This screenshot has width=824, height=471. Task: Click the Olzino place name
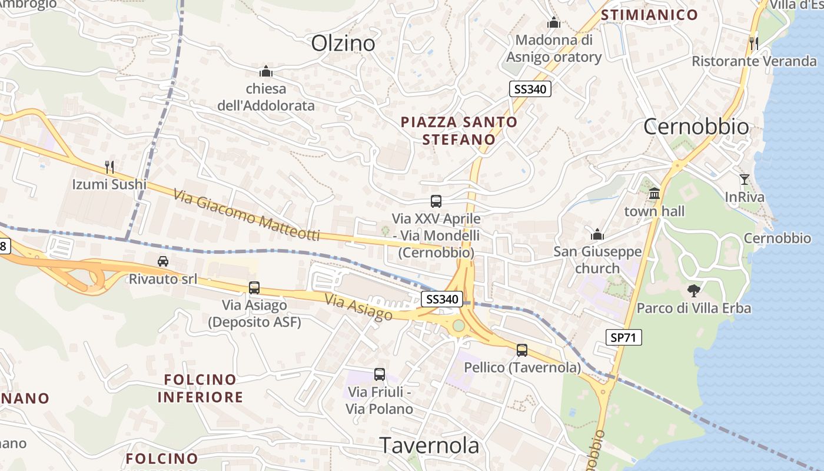343,43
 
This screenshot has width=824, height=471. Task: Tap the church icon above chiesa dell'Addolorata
266,71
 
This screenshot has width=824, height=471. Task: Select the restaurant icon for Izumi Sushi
109,167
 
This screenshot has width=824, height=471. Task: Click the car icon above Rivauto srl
163,261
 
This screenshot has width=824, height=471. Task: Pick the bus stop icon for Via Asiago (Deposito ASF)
254,287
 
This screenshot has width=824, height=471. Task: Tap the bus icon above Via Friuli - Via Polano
380,374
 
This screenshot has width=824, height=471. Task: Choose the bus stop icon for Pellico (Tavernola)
522,350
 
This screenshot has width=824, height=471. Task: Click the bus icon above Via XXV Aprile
436,201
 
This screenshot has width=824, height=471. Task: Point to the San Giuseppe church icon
597,235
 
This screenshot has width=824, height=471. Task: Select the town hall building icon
654,194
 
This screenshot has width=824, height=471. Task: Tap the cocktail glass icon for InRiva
745,180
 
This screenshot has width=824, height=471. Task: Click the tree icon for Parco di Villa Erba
694,290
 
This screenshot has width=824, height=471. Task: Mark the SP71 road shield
623,337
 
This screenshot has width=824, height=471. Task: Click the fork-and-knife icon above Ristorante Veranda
753,43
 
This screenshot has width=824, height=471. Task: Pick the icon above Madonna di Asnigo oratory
553,23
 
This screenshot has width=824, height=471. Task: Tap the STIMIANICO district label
649,15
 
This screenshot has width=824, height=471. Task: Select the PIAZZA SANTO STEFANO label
459,131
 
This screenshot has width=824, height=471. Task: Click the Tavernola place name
429,445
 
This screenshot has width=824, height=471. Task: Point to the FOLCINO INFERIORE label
200,388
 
